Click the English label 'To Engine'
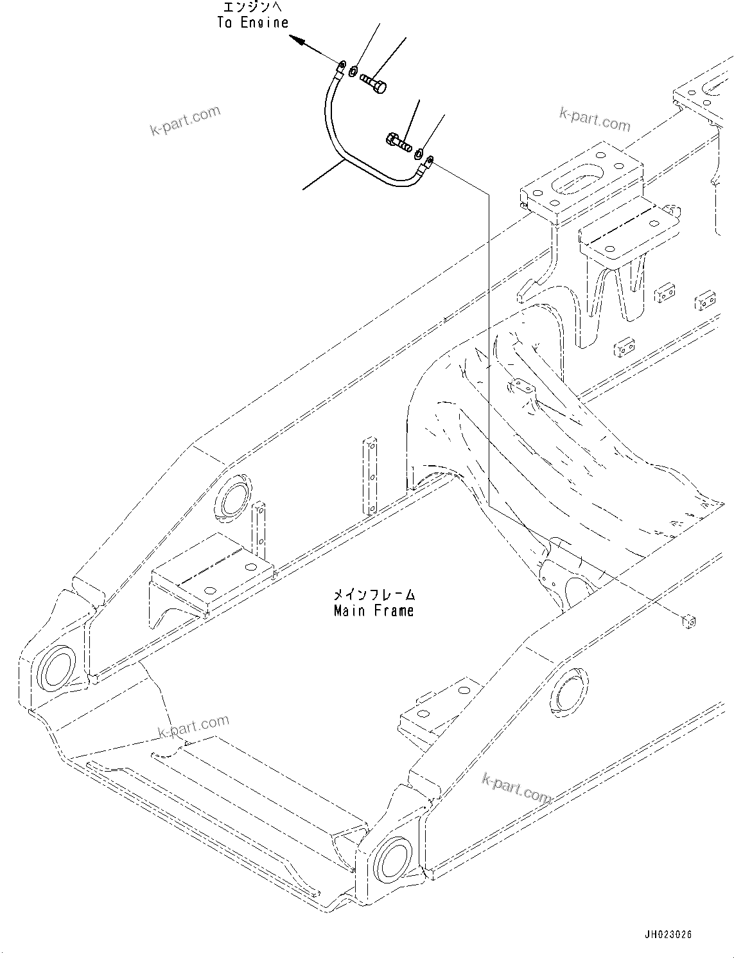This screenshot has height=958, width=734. [x=252, y=23]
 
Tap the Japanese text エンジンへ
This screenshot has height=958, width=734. [x=252, y=8]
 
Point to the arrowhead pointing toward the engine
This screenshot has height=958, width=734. [x=296, y=40]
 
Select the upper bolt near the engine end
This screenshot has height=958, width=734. [x=374, y=84]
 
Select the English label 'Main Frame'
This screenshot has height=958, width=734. [x=374, y=611]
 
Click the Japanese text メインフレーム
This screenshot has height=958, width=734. [x=374, y=595]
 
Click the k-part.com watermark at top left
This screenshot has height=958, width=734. [x=185, y=121]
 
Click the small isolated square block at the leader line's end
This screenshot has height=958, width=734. [x=688, y=621]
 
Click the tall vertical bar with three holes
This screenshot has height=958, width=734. [x=371, y=475]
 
